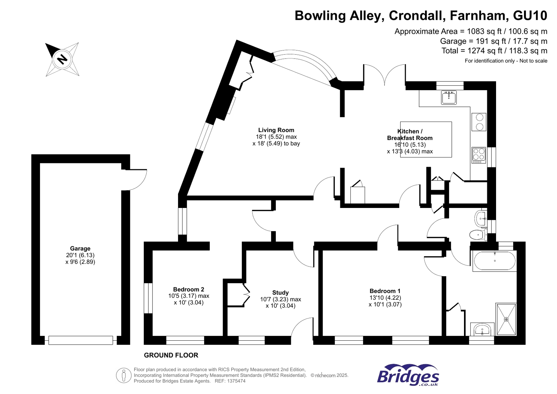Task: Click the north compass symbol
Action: click(x=62, y=59)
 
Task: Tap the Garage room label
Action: click(x=80, y=248)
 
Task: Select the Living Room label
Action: click(x=276, y=130)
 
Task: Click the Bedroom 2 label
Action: click(x=188, y=289)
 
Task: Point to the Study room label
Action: click(x=280, y=293)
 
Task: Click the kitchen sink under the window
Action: click(x=449, y=98)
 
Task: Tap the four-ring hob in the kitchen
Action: click(x=479, y=155)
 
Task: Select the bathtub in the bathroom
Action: click(x=494, y=261)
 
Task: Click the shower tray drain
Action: click(x=506, y=319)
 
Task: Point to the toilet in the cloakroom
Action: click(x=478, y=234)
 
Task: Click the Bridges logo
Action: click(x=408, y=375)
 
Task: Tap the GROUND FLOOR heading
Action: click(x=171, y=355)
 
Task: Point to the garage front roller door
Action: click(x=80, y=340)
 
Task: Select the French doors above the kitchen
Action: click(x=385, y=75)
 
